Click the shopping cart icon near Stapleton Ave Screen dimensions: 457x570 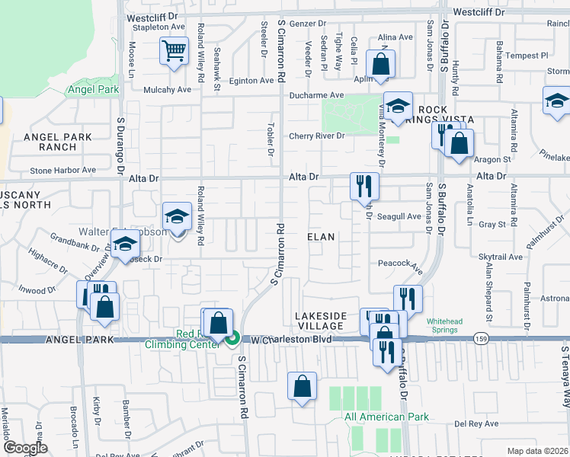[174, 52]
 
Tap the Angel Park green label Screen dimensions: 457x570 [93, 90]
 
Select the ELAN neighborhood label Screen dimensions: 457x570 [321, 237]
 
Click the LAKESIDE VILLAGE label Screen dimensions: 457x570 [321, 321]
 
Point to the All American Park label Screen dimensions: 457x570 [386, 417]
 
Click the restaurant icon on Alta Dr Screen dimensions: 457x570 [363, 185]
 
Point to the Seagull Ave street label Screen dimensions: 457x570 [400, 216]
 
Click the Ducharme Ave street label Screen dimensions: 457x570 [318, 96]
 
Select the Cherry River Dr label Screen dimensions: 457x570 [316, 136]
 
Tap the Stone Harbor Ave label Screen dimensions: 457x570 [62, 171]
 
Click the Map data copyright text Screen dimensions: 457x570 [536, 451]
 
